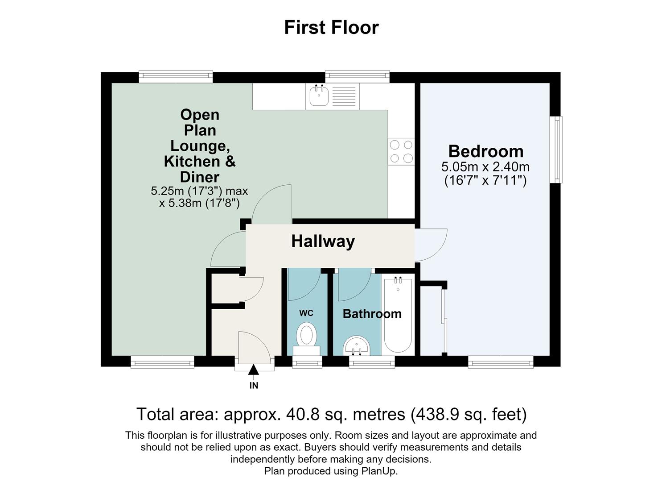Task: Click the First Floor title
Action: coord(331,28)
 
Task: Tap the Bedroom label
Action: coord(486,151)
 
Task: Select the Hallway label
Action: coord(323,241)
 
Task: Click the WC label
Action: coord(306,313)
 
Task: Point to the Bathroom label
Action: coord(372,314)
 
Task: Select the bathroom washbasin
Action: coord(357,345)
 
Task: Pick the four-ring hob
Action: coord(401,151)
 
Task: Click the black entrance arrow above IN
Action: coord(253,370)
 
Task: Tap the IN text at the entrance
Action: coord(254,386)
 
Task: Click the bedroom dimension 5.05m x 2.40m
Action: coord(485,167)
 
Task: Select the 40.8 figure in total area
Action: coord(303,414)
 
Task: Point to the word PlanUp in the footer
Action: coord(379,471)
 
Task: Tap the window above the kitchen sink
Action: coord(357,77)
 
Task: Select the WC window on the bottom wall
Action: coord(307,362)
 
